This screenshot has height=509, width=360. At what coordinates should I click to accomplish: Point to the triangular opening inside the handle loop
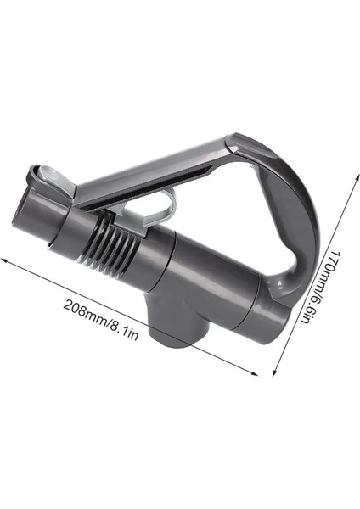221,204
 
